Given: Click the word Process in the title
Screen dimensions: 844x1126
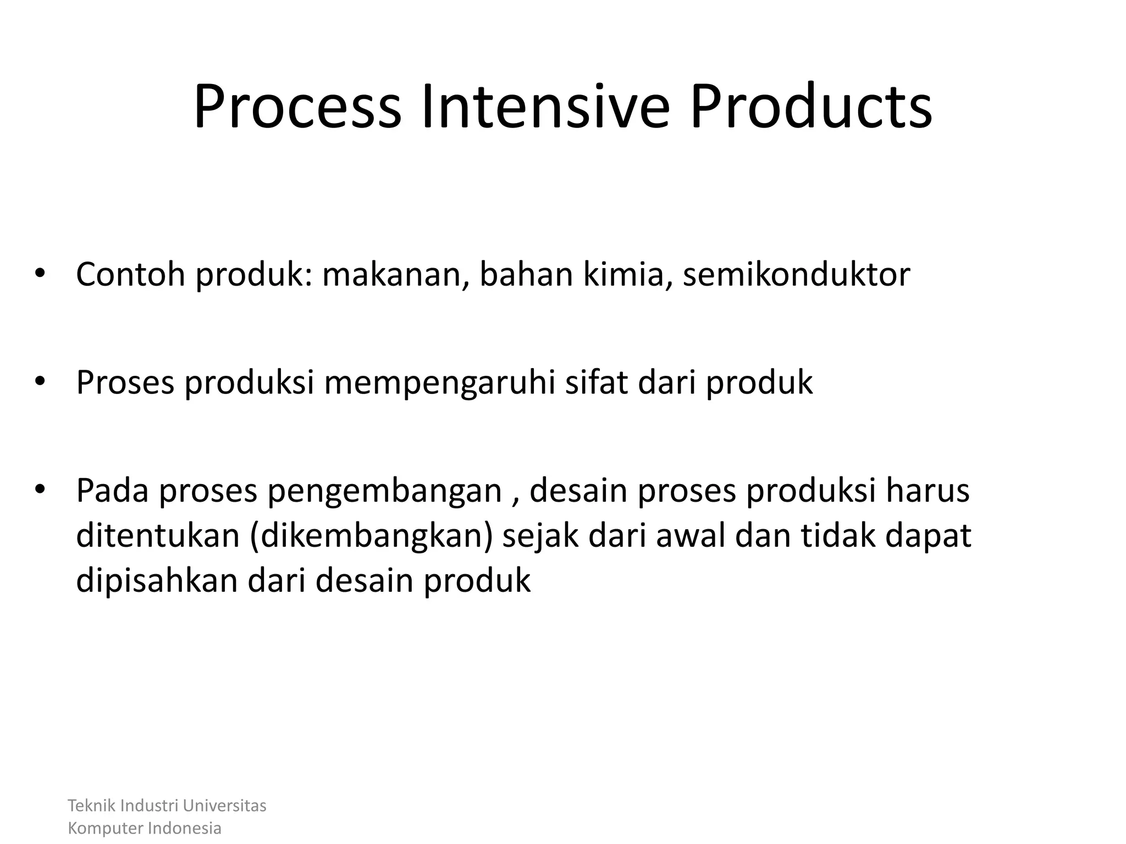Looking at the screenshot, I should pyautogui.click(x=297, y=107).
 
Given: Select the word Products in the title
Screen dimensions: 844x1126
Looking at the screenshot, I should pyautogui.click(x=810, y=107).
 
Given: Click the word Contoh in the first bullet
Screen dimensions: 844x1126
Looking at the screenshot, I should pyautogui.click(x=130, y=274).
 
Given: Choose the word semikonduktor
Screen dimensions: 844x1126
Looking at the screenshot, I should pyautogui.click(x=796, y=274).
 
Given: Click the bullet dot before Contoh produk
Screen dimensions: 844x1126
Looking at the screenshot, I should pyautogui.click(x=39, y=273).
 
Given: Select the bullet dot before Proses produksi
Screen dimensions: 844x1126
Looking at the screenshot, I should pyautogui.click(x=39, y=381).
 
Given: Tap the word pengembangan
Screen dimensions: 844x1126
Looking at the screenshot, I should pyautogui.click(x=384, y=491).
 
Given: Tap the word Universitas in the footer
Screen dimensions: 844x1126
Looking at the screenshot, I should pyautogui.click(x=224, y=806).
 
